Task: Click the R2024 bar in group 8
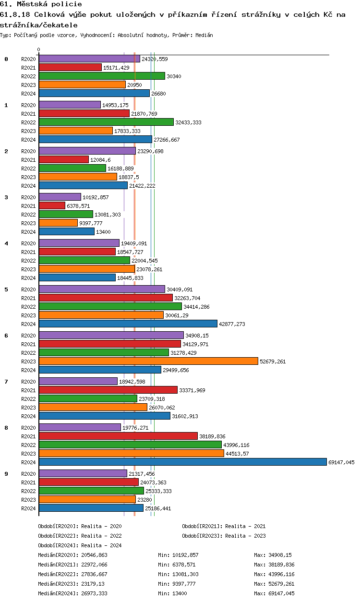(x=182, y=462)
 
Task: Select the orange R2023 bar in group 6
(x=148, y=361)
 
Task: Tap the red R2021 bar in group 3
(x=52, y=205)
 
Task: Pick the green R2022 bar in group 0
(x=102, y=76)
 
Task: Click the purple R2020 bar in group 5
(x=102, y=289)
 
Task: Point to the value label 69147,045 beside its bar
(x=341, y=462)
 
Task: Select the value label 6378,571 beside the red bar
(x=78, y=206)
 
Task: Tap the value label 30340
(x=174, y=76)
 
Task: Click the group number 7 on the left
(x=6, y=381)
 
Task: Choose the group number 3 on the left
(x=6, y=197)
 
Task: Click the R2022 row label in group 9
(x=29, y=491)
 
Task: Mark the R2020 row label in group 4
(x=29, y=243)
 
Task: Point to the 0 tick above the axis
(x=39, y=50)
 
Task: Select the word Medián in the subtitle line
(x=204, y=35)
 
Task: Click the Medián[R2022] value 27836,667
(x=94, y=574)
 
